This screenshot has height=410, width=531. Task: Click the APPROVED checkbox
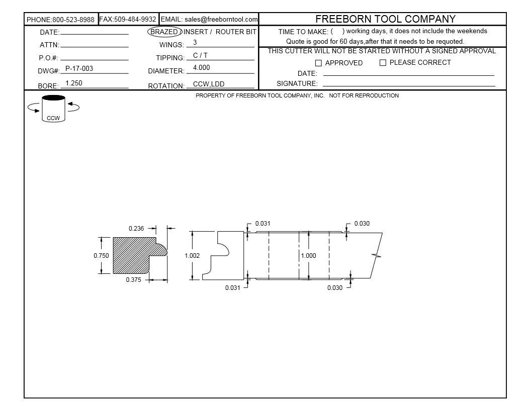[318, 63]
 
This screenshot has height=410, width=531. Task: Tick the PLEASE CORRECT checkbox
[383, 63]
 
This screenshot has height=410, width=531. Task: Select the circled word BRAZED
[164, 32]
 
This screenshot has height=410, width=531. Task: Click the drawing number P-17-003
[79, 68]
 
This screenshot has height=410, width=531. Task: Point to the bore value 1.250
[74, 83]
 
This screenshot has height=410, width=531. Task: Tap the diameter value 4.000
[202, 67]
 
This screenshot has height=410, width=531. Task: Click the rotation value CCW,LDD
[209, 84]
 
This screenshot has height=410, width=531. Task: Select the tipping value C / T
[200, 55]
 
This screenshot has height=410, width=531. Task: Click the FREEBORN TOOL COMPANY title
[385, 19]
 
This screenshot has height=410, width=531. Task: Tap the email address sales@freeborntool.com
[221, 19]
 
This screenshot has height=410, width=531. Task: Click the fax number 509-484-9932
[135, 19]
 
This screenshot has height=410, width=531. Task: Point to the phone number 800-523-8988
[73, 20]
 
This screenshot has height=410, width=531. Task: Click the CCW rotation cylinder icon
[53, 108]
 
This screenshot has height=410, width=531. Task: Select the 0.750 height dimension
[101, 255]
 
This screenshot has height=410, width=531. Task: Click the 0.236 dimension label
[136, 228]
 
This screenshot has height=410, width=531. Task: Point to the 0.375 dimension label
[133, 279]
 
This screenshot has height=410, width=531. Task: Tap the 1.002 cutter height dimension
[192, 255]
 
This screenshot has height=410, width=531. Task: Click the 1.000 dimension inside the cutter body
[309, 255]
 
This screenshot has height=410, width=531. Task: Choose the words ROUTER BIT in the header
[236, 32]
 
